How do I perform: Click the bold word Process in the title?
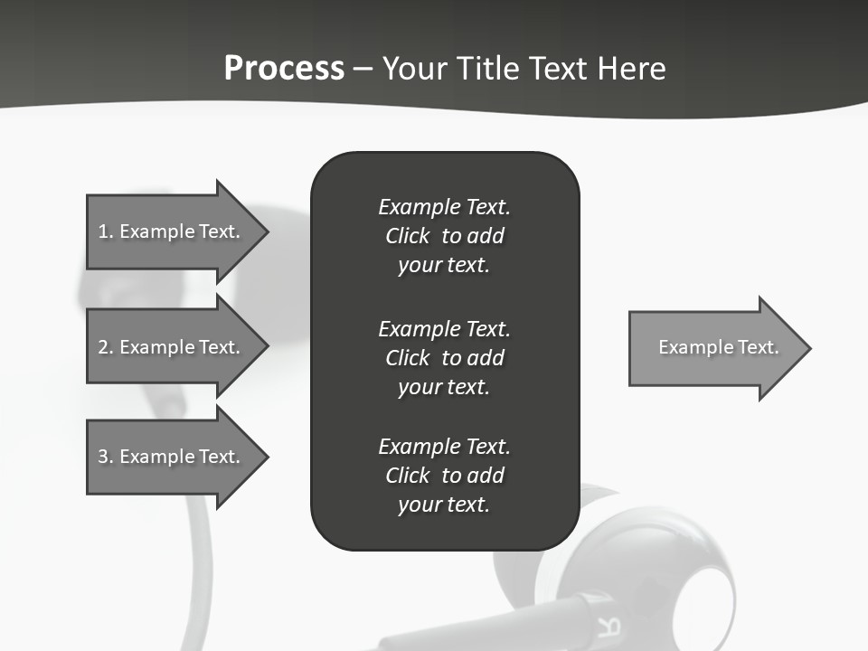(284, 68)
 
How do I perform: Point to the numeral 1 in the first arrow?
(103, 231)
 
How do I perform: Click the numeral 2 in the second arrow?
(103, 347)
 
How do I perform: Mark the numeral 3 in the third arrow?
(103, 457)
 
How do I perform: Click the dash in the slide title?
(363, 69)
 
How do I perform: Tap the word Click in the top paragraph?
(408, 236)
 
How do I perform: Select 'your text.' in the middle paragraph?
(444, 387)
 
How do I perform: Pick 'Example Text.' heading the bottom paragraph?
(444, 447)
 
